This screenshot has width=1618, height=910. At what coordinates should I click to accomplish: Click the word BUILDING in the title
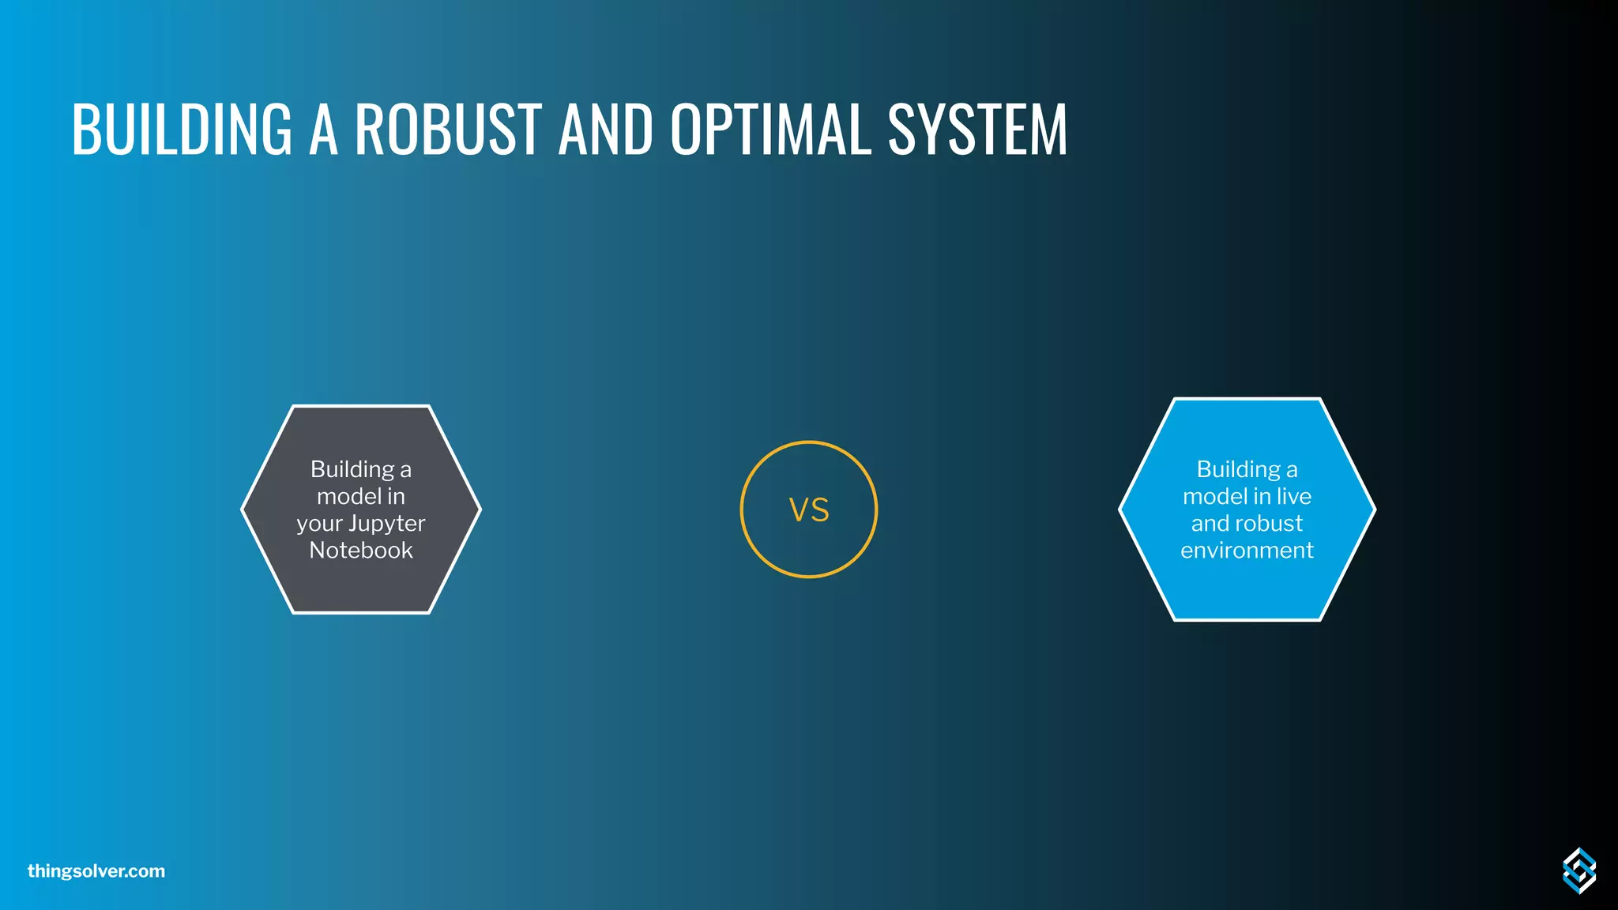tap(182, 129)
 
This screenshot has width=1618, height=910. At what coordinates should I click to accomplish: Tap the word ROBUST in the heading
tap(448, 129)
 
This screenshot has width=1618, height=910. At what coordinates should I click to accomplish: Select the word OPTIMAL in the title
tap(771, 129)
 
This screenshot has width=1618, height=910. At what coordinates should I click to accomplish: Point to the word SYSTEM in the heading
tap(977, 129)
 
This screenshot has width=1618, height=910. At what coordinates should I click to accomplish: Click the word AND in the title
tap(606, 129)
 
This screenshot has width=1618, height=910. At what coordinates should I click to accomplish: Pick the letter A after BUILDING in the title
tap(323, 129)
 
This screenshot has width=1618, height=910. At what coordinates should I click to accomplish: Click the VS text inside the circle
tap(809, 510)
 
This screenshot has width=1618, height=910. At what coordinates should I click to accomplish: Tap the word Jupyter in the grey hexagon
tap(387, 524)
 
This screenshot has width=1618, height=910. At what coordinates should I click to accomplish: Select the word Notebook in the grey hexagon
tap(361, 551)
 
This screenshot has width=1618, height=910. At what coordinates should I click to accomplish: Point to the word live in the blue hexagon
tap(1294, 497)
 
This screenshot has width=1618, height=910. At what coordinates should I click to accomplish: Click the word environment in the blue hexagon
tap(1247, 551)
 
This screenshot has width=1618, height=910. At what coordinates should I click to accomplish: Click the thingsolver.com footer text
tap(96, 871)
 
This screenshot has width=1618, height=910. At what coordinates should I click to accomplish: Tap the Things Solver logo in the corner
tap(1578, 871)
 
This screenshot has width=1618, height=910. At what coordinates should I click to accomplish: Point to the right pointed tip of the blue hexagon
tap(1373, 510)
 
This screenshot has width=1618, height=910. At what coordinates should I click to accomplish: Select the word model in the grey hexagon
tap(349, 497)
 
